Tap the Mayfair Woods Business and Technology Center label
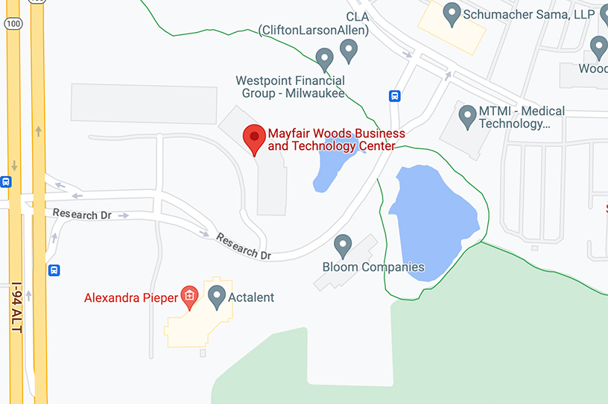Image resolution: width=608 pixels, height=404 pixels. (x=336, y=139)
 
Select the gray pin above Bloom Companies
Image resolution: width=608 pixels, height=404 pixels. (x=343, y=245)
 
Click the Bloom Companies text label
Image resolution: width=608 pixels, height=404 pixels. (x=373, y=267)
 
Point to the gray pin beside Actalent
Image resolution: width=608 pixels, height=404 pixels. (x=217, y=296)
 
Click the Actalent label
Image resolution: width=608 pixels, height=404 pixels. (x=251, y=297)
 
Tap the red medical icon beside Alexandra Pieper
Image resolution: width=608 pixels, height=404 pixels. (x=189, y=297)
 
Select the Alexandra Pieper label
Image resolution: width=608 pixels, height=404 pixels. (x=130, y=298)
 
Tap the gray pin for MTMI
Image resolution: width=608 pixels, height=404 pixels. (x=467, y=116)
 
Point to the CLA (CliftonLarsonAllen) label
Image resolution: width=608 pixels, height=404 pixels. (x=314, y=23)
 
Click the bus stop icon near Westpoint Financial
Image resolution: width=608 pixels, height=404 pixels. (x=394, y=95)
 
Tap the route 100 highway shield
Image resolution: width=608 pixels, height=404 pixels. (x=13, y=23)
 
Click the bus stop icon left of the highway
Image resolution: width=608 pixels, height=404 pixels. (x=5, y=181)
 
